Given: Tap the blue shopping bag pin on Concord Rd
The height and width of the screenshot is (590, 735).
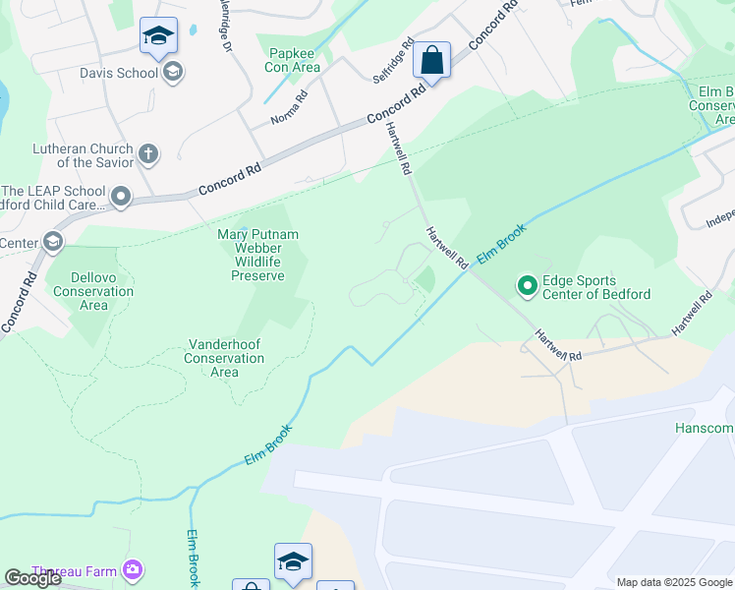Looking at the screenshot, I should (x=431, y=61).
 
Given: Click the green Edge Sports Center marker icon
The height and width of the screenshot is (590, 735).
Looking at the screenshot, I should (x=528, y=286).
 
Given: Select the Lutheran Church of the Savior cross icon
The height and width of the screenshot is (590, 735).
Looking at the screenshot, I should (x=148, y=153).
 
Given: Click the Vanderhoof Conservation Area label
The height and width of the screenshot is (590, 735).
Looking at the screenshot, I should (x=224, y=358).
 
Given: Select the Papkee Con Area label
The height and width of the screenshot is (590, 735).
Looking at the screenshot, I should (x=293, y=60).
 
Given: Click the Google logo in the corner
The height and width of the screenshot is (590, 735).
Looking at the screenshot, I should (x=32, y=578).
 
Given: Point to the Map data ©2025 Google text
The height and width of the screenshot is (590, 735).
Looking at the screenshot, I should (x=674, y=582).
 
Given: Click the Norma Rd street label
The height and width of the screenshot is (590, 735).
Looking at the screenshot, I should (x=290, y=108).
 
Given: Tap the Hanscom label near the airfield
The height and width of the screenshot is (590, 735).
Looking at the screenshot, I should (x=704, y=428).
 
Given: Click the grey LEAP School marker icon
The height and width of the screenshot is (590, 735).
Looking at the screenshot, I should (x=121, y=198).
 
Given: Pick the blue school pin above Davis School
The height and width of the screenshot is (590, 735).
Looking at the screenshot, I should (x=158, y=37).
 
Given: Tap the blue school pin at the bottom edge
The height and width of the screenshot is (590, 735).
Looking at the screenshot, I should (x=293, y=562).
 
